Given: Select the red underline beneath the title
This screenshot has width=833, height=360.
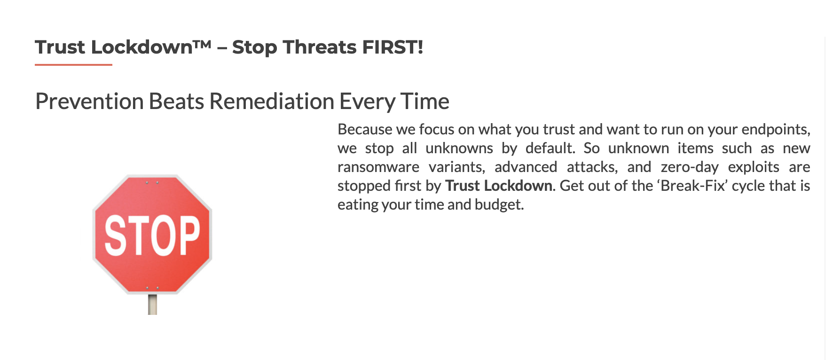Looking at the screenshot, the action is coord(73,64).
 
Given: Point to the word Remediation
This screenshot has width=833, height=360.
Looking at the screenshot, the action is coord(272,101).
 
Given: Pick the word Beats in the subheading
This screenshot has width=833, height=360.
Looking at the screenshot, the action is coord(176,101).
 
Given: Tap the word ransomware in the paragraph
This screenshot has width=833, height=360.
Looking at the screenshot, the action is coord(378,167).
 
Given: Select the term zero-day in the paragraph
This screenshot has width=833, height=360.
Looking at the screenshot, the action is coord(690,167).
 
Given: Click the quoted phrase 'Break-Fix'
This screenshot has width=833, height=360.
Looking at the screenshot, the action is coord(692,186).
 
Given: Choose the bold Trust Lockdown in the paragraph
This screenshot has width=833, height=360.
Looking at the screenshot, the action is coord(499,186).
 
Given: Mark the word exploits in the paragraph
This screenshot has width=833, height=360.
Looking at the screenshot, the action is coord(754,167).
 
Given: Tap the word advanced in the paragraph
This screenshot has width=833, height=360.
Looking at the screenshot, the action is coord(526,167).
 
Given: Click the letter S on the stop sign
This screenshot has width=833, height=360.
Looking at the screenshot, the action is coord(114,235).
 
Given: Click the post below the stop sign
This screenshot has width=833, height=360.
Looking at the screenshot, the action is coord(152,305).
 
